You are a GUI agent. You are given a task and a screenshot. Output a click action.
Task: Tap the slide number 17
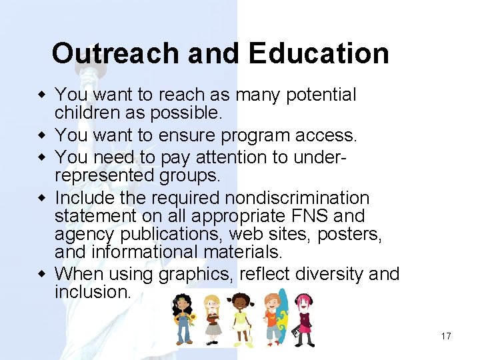pos(446,336)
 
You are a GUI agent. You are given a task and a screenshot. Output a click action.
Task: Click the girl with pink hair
pos(305,319)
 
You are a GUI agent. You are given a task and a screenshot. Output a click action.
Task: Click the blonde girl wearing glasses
pos(211,319)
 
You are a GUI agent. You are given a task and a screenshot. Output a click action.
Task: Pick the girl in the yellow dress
pos(240,319)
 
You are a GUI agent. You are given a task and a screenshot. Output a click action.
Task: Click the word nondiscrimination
pos(297,198)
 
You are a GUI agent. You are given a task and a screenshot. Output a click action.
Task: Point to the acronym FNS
pos(309,216)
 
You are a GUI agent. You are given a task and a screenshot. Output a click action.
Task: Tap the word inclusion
pos(93,292)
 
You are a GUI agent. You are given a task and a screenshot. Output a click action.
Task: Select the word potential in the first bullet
pos(321,95)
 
